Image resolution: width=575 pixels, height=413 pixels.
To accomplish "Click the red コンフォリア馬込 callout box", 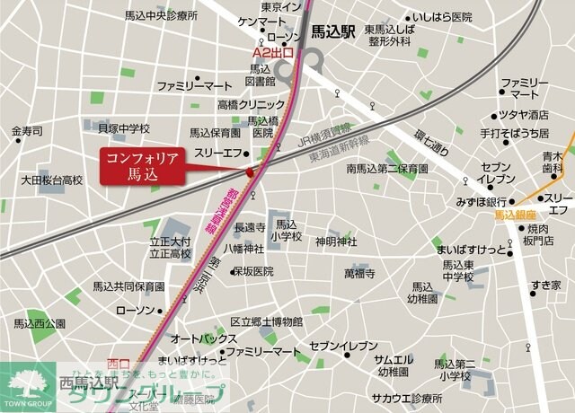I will [143, 165].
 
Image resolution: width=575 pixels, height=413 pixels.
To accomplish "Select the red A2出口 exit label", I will [275, 53].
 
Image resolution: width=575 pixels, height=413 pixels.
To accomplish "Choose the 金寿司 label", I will [27, 132].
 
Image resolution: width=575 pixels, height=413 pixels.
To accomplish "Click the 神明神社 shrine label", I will [336, 242].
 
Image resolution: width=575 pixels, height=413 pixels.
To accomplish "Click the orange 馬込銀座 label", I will [515, 216].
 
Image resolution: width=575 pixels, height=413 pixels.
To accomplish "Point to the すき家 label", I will [545, 286].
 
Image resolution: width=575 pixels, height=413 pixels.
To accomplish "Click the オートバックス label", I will [204, 338].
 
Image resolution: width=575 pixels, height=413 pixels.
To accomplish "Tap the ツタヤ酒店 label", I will [526, 115].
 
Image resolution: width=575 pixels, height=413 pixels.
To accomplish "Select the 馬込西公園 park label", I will [40, 323].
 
